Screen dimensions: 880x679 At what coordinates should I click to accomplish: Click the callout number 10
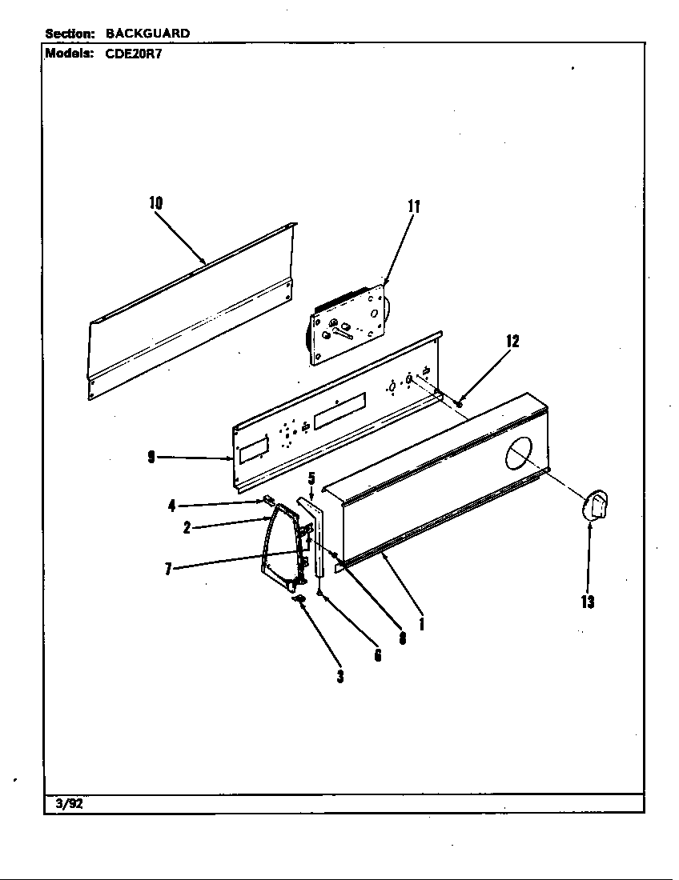point(155,203)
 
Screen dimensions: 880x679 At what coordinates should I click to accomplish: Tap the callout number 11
point(413,206)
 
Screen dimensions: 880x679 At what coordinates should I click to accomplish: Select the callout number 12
point(512,342)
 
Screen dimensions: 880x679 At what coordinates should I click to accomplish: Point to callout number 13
point(588,602)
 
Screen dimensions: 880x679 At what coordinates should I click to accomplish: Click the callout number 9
point(151,458)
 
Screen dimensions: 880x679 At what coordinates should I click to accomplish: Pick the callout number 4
point(171,505)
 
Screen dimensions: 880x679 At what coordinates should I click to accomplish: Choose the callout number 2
point(187,528)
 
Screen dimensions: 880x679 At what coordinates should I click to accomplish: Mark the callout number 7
point(168,569)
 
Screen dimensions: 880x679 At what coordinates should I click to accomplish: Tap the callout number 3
point(339,676)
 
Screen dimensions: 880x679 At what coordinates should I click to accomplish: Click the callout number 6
point(377,655)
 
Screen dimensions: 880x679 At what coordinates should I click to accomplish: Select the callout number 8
point(402,638)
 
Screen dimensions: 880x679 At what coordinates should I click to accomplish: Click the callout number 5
point(311,478)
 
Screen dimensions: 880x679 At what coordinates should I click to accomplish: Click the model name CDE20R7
point(134,54)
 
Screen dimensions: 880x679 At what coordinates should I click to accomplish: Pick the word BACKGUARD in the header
point(147,34)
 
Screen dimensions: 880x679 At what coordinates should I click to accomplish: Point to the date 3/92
point(69,805)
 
